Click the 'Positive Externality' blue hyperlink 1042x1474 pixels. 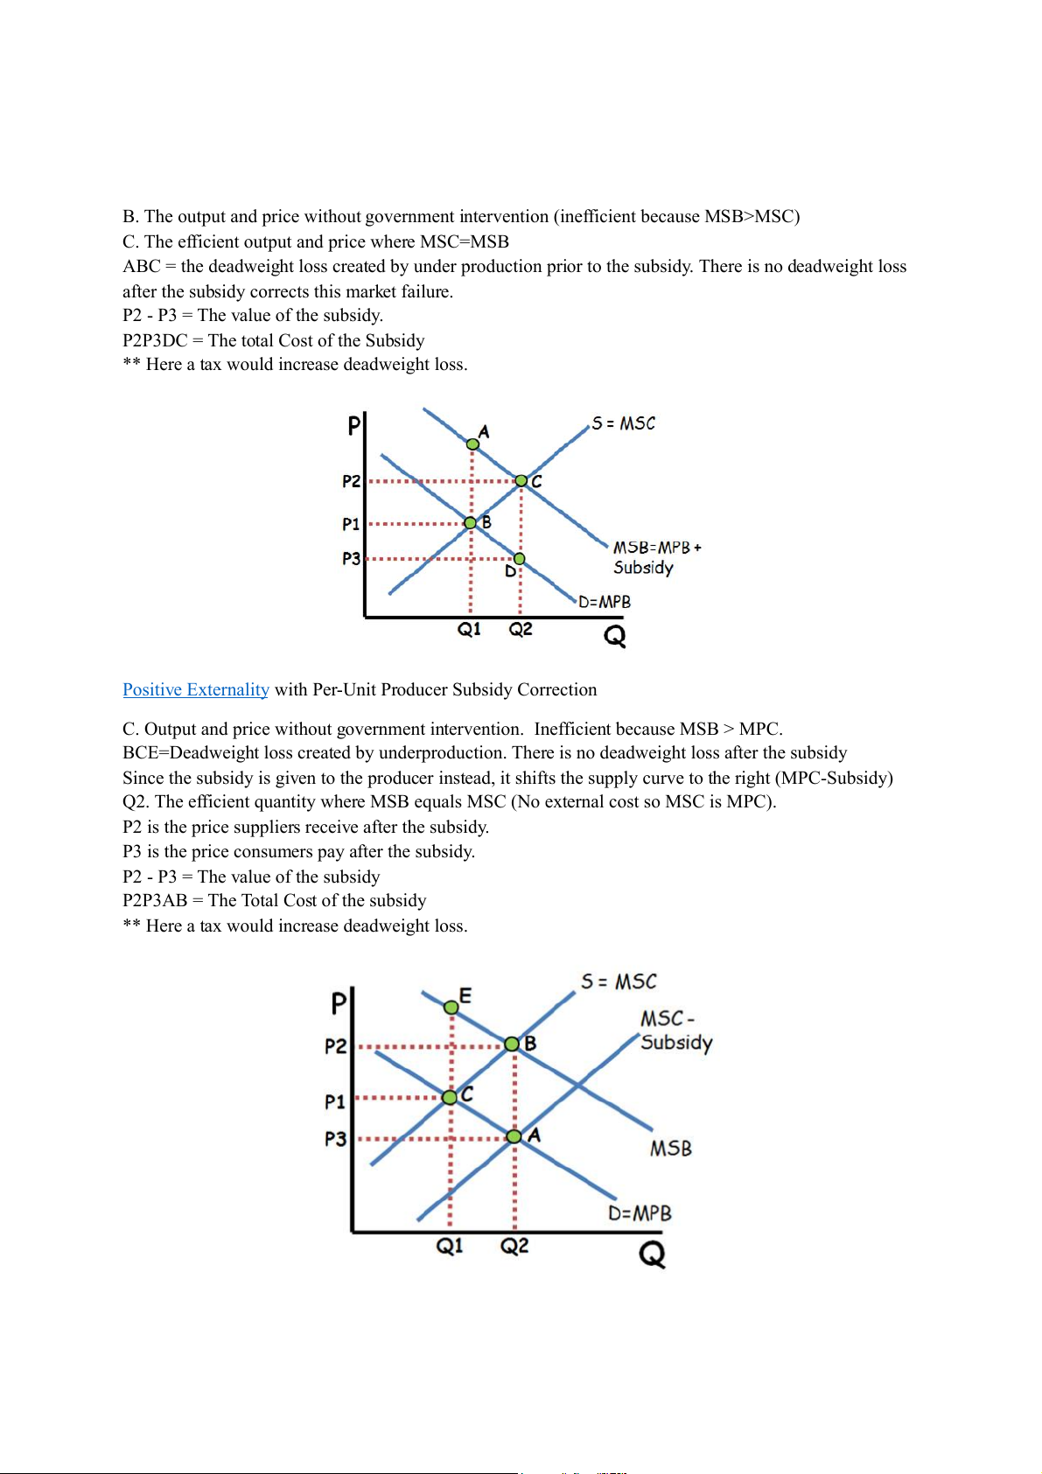(x=195, y=689)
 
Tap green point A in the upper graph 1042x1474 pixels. (x=472, y=444)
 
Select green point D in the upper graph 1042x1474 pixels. (x=519, y=558)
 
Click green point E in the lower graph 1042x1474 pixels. (x=451, y=1008)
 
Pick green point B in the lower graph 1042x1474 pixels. (x=513, y=1044)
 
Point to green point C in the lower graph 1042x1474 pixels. (x=450, y=1097)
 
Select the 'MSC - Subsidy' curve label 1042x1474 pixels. (x=675, y=1030)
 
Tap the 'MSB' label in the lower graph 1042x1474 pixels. (x=670, y=1149)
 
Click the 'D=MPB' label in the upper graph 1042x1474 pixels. (x=605, y=602)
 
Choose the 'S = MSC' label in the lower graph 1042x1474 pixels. (x=619, y=982)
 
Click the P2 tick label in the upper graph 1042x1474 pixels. (x=351, y=481)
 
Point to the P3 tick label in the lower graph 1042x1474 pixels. (x=335, y=1139)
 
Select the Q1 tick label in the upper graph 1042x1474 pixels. (x=469, y=629)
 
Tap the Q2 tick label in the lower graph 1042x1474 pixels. (x=514, y=1246)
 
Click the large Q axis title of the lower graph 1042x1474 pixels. (x=652, y=1254)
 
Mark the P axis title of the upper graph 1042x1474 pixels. (x=353, y=426)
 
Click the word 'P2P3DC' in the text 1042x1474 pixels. (x=155, y=340)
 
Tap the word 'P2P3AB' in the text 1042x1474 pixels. (x=155, y=900)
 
